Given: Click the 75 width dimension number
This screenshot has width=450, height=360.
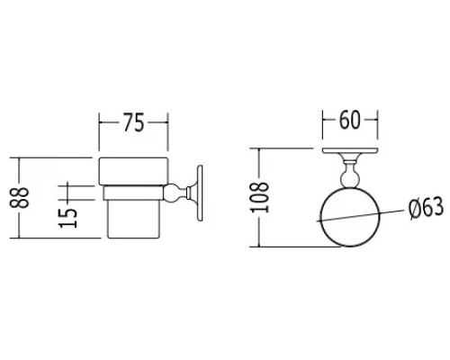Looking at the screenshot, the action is tap(133, 122).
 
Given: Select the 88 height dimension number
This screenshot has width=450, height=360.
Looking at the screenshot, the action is tap(19, 198).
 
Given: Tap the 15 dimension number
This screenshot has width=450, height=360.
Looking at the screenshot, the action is tap(68, 218).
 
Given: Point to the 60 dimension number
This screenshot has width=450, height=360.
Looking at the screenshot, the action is tap(349, 121).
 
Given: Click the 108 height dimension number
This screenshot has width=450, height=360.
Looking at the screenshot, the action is tap(259, 197).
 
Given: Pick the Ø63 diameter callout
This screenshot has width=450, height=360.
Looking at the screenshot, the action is tap(427, 208).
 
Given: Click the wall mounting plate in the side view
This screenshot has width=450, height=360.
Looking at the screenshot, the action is tap(200, 193).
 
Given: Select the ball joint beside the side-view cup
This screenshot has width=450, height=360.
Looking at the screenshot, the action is tap(171, 193).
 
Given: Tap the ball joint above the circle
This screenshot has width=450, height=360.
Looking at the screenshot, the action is tap(349, 178).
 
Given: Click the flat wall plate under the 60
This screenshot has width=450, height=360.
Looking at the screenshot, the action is tap(350, 150).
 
